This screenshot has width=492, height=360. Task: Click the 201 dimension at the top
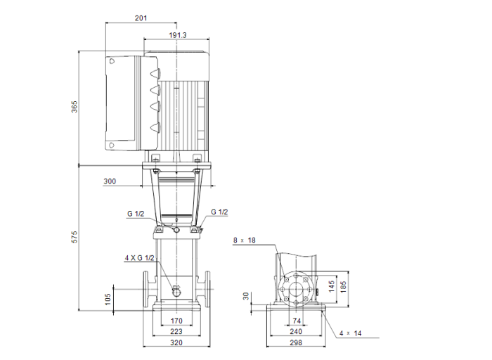click(141, 18)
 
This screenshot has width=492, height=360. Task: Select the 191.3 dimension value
click(178, 34)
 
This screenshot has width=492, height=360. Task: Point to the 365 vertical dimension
click(74, 107)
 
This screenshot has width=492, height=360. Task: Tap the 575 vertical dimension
click(74, 237)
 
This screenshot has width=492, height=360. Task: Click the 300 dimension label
click(110, 181)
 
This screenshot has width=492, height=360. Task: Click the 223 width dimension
click(176, 332)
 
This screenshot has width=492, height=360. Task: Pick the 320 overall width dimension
click(176, 343)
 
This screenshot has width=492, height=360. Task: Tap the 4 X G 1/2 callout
click(139, 258)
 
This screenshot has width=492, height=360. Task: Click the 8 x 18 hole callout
click(245, 240)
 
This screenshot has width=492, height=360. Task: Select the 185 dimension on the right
click(344, 287)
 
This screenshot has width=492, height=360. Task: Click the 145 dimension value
click(331, 287)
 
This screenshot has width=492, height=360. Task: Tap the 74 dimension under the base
click(296, 321)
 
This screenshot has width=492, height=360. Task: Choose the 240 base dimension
click(296, 332)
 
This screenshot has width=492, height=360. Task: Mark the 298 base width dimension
click(296, 343)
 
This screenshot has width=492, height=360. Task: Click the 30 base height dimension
click(247, 297)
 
